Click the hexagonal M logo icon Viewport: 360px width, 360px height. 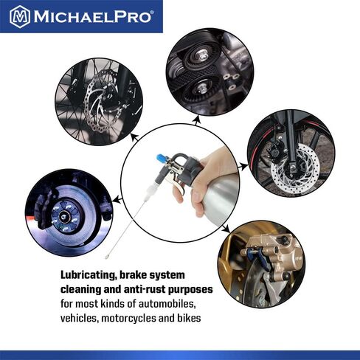pyautogui.click(x=20, y=17)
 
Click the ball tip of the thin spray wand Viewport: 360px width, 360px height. pyautogui.click(x=107, y=257)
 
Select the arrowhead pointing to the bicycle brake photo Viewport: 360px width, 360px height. pyautogui.click(x=134, y=136)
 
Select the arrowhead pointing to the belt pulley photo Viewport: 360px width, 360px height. pyautogui.click(x=196, y=120)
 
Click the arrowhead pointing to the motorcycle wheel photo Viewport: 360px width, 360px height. pyautogui.click(x=244, y=167)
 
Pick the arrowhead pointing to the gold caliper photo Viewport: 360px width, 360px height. pyautogui.click(x=226, y=229)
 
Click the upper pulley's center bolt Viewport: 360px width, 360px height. pyautogui.click(x=202, y=55)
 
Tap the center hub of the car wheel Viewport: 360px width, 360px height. pyautogui.click(x=64, y=217)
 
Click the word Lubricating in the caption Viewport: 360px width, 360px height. pyautogui.click(x=89, y=275)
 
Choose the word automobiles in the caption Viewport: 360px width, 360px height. pyautogui.click(x=167, y=304)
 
